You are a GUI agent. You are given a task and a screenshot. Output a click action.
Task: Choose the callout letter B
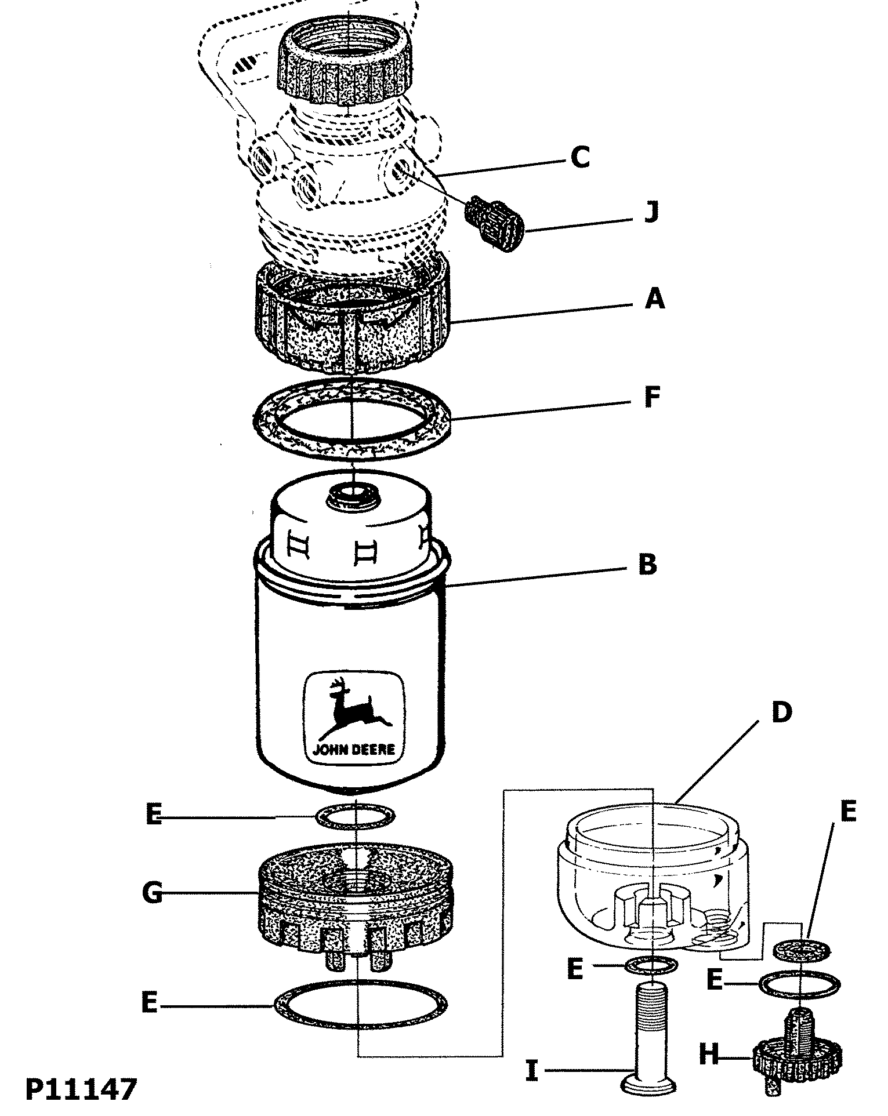click(647, 564)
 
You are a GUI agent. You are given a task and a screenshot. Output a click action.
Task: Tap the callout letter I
click(532, 1070)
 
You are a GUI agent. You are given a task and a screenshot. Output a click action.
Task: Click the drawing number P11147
click(81, 1090)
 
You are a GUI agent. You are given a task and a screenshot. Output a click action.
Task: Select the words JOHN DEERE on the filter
click(354, 750)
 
